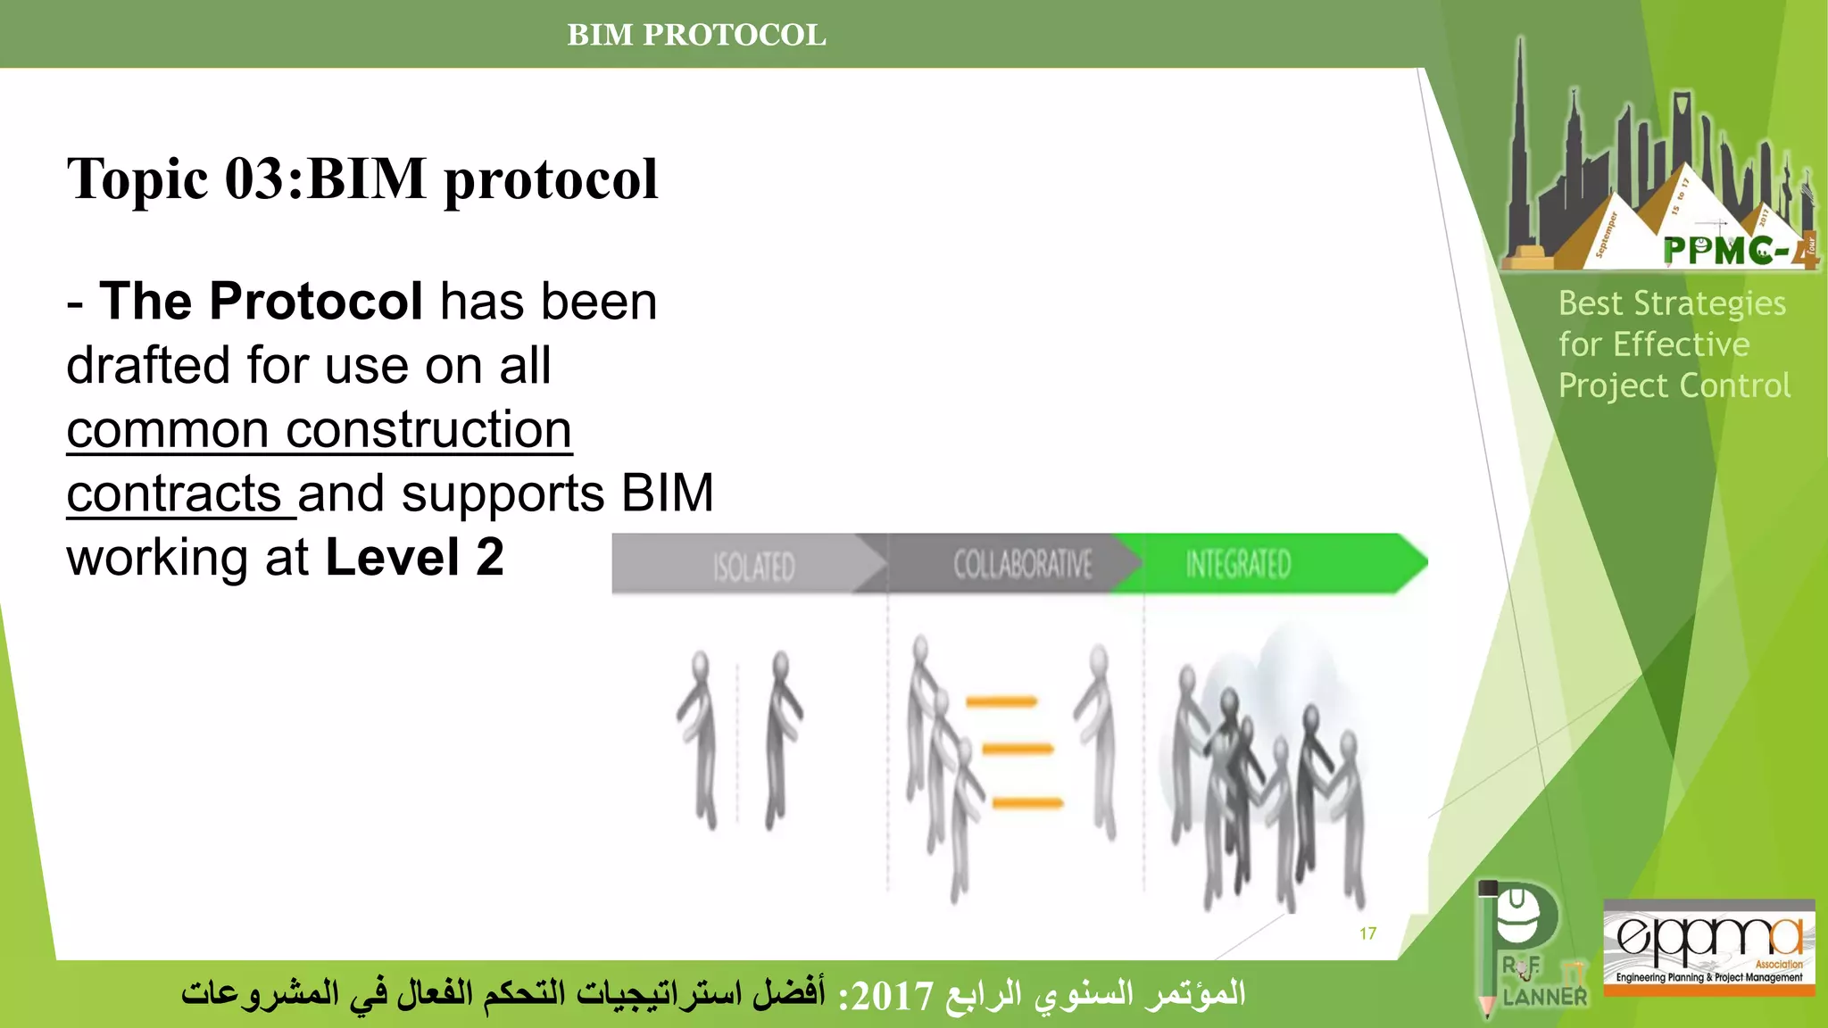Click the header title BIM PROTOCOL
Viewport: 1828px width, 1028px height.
(x=696, y=35)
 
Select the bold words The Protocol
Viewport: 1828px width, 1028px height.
(x=261, y=302)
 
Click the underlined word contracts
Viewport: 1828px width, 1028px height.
(x=174, y=494)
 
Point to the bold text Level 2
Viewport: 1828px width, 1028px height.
(x=414, y=558)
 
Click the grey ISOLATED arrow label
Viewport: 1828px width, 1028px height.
(x=753, y=566)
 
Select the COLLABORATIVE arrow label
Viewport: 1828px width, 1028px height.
(x=1022, y=564)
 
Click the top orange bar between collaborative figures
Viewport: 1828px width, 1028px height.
(x=1001, y=702)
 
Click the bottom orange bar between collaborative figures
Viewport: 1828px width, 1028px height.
(x=1027, y=803)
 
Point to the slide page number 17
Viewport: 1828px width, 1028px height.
(x=1367, y=933)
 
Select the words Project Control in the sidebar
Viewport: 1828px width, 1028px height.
(x=1674, y=385)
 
